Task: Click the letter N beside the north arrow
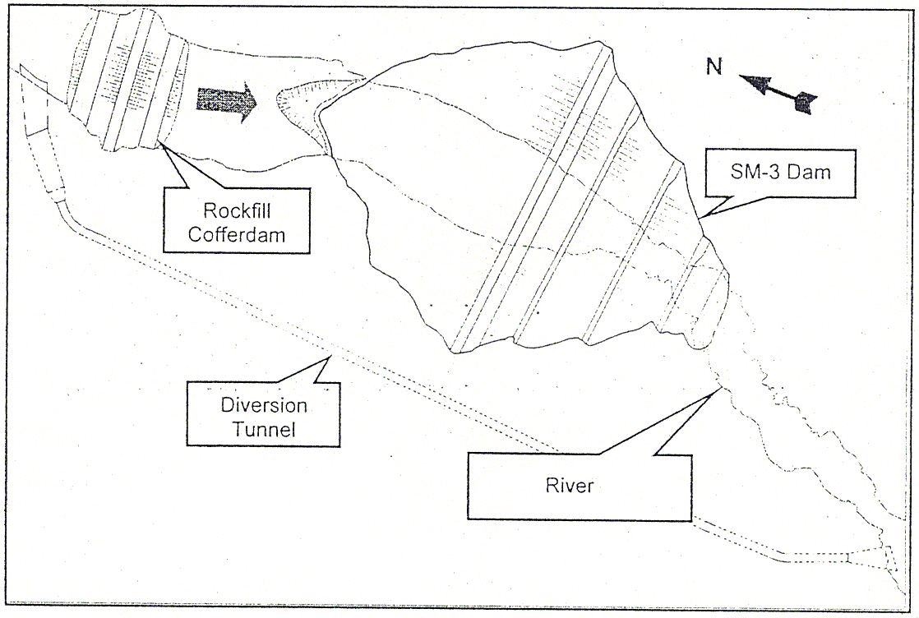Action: pos(714,68)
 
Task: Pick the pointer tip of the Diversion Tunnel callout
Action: pos(330,356)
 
